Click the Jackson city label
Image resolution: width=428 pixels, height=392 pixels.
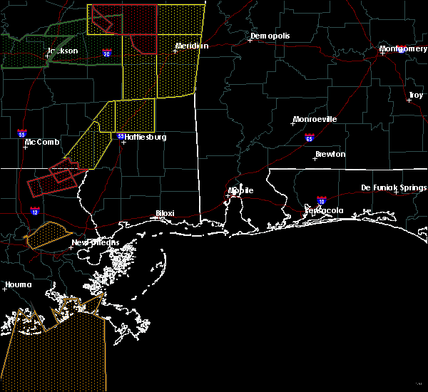[63, 51]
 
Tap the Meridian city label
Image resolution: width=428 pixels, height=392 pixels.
[192, 46]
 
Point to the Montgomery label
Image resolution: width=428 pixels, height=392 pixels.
[403, 48]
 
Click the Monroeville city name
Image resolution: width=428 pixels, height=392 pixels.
[315, 119]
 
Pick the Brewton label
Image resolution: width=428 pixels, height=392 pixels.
[330, 154]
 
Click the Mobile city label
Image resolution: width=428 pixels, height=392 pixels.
[240, 190]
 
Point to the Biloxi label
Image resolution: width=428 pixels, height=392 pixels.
[165, 213]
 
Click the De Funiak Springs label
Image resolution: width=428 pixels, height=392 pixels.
[394, 187]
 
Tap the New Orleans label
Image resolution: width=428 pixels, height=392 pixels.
[96, 242]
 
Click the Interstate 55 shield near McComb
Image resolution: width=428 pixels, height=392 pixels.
[22, 133]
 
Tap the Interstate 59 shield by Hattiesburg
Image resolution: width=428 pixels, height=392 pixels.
[121, 136]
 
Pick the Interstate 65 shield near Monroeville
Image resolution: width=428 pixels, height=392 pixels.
[309, 138]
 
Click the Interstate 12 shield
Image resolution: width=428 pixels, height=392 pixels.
[35, 211]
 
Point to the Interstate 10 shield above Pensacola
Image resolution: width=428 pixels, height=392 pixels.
[321, 202]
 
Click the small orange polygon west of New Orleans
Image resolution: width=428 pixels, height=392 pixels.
[47, 234]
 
